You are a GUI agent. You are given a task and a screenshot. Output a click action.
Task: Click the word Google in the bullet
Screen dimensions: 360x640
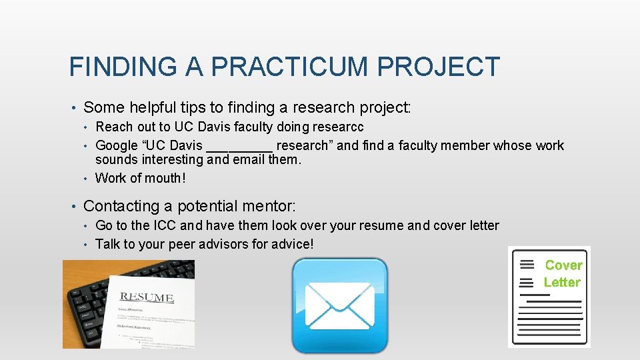tap(117, 145)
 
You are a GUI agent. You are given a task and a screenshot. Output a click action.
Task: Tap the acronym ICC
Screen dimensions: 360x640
tap(165, 225)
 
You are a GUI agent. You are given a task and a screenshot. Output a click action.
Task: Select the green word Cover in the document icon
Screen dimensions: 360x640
tap(563, 265)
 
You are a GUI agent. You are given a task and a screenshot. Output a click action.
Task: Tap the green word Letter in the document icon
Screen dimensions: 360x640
tap(562, 283)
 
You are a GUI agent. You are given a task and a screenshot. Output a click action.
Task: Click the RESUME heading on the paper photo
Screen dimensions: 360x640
tap(147, 297)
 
